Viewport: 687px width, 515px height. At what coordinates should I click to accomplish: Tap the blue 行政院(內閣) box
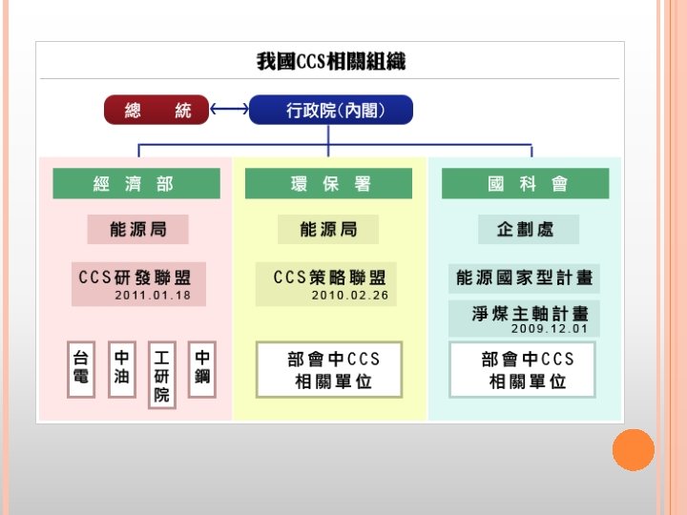330,111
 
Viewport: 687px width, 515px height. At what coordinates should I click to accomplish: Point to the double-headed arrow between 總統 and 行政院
229,111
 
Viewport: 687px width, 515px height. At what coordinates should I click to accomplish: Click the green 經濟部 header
135,183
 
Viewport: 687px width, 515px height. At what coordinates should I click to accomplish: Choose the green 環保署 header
328,183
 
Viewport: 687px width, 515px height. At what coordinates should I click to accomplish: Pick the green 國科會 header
525,183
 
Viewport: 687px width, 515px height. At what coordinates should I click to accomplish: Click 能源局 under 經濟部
137,229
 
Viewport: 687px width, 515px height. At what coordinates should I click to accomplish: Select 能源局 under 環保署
328,229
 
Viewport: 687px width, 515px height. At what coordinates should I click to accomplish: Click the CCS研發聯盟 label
135,278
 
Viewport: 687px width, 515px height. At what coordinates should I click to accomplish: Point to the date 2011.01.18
153,296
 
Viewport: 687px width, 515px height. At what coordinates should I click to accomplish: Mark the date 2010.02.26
349,296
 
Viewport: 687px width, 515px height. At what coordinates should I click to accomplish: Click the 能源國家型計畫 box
525,278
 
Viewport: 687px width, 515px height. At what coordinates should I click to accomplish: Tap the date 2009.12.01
550,328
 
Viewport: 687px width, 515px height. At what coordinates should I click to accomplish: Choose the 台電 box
81,368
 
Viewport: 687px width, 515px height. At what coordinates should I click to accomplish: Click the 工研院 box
162,375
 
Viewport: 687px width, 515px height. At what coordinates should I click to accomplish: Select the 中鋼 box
202,368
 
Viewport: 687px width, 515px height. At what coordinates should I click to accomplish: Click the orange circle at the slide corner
633,450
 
